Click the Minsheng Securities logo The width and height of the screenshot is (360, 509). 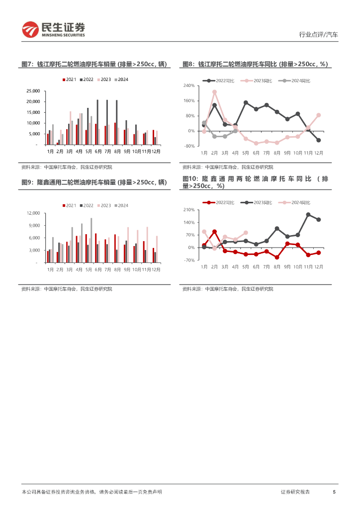[x=53, y=30]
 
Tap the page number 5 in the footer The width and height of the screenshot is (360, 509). [x=334, y=492]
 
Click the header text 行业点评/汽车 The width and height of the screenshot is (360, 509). [x=318, y=35]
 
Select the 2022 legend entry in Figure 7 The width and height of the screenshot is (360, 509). [x=87, y=80]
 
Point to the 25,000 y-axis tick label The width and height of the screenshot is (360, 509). [x=32, y=91]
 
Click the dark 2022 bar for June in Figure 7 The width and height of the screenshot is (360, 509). [x=97, y=122]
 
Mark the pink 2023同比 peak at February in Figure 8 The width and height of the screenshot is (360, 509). [x=214, y=92]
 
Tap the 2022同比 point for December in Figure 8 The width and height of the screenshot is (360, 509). [x=318, y=140]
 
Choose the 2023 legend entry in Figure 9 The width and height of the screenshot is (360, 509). [x=104, y=205]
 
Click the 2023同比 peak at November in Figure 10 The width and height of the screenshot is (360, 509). [x=308, y=215]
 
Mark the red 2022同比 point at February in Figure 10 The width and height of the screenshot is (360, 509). [x=214, y=232]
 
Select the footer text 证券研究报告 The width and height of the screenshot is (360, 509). [x=295, y=492]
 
